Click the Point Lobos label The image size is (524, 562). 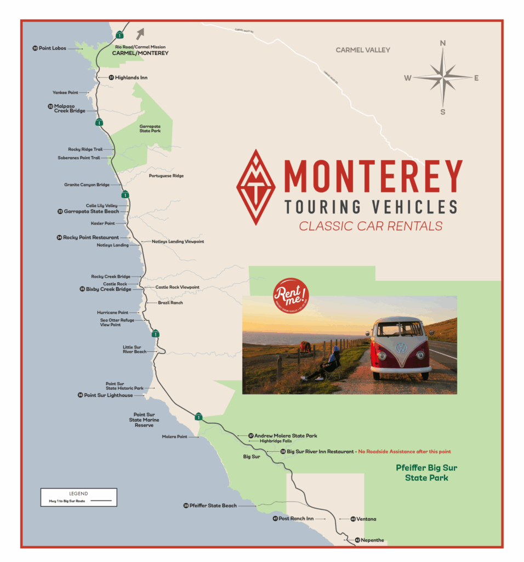pyautogui.click(x=52, y=48)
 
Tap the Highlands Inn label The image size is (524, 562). pyautogui.click(x=131, y=78)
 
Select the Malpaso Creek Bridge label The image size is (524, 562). pyautogui.click(x=69, y=109)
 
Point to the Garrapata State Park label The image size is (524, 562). pyautogui.click(x=150, y=128)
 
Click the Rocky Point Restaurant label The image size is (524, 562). pyautogui.click(x=90, y=238)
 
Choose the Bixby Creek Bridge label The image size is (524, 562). pyautogui.click(x=109, y=289)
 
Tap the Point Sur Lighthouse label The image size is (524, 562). pyautogui.click(x=108, y=395)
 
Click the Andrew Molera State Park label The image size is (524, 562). pyautogui.click(x=286, y=436)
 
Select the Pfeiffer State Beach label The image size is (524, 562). pyautogui.click(x=213, y=505)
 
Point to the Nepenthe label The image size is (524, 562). pyautogui.click(x=374, y=540)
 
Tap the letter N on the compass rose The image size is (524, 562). pyautogui.click(x=443, y=43)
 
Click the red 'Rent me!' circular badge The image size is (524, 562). pyautogui.click(x=291, y=299)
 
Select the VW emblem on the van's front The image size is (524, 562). pyautogui.click(x=401, y=348)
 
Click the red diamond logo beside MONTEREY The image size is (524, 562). pyautogui.click(x=256, y=187)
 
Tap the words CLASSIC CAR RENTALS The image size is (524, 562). pyautogui.click(x=371, y=226)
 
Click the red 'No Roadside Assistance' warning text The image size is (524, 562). pyautogui.click(x=405, y=452)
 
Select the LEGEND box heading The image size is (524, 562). pyautogui.click(x=78, y=493)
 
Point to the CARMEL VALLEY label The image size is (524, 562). pyautogui.click(x=363, y=50)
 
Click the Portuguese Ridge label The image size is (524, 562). pyautogui.click(x=166, y=176)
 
